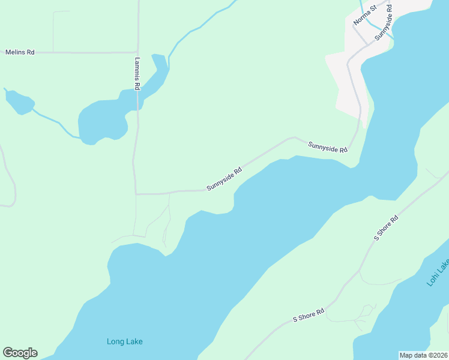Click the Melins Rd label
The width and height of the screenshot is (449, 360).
[20, 53]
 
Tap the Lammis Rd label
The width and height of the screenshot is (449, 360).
[137, 74]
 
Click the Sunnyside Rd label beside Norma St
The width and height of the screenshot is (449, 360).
[384, 23]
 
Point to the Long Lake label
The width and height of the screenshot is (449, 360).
[125, 342]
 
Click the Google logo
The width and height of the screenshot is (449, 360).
[20, 353]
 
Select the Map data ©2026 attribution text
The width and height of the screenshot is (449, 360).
[423, 355]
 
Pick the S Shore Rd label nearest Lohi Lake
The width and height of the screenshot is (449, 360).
[386, 229]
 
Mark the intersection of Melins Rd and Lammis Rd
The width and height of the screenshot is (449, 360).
[137, 52]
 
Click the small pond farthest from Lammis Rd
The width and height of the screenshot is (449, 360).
[19, 102]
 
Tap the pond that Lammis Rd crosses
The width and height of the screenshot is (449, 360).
[102, 120]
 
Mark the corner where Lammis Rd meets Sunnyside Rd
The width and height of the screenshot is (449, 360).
[136, 194]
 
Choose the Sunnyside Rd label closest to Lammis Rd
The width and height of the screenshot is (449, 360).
[224, 179]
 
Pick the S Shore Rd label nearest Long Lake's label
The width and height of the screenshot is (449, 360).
[309, 315]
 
